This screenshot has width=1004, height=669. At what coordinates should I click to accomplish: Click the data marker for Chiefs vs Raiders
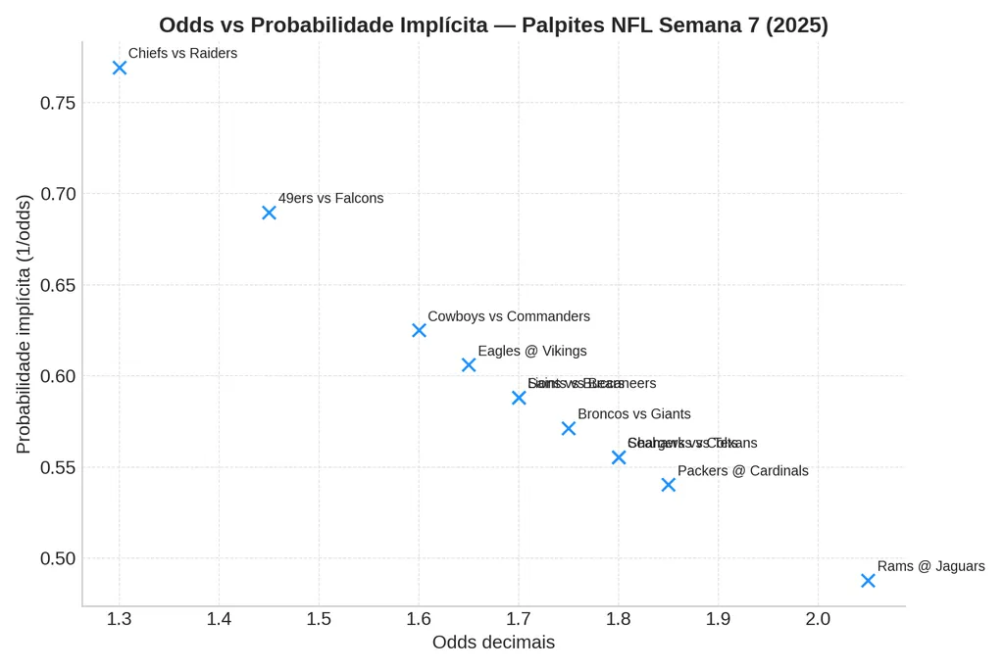pyautogui.click(x=120, y=68)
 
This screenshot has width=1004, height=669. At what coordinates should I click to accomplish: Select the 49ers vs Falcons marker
pyautogui.click(x=269, y=213)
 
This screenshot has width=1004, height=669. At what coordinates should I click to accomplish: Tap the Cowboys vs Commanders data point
pyautogui.click(x=419, y=330)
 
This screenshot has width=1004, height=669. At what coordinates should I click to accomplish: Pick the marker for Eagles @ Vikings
pyautogui.click(x=469, y=364)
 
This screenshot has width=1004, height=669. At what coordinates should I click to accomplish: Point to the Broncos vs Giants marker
pyautogui.click(x=569, y=428)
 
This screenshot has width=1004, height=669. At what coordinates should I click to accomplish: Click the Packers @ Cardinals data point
pyautogui.click(x=669, y=485)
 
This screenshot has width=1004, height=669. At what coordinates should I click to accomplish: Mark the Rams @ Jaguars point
pyautogui.click(x=868, y=580)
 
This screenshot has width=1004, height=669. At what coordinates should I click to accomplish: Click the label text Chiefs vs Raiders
pyautogui.click(x=182, y=54)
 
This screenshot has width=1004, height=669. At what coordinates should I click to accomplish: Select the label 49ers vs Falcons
pyautogui.click(x=330, y=198)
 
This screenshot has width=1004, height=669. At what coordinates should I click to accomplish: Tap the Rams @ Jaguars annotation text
pyautogui.click(x=930, y=566)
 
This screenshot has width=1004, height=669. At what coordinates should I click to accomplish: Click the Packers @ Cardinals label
pyautogui.click(x=742, y=471)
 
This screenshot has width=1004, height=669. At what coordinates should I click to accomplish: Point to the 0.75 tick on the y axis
pyautogui.click(x=58, y=104)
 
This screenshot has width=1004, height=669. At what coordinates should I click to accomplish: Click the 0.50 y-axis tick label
pyautogui.click(x=58, y=559)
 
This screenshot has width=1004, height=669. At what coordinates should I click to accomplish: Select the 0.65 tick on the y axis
pyautogui.click(x=58, y=286)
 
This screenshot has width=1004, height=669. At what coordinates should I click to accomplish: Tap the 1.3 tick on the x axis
pyautogui.click(x=120, y=619)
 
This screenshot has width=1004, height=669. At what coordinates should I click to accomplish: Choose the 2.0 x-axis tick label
pyautogui.click(x=818, y=619)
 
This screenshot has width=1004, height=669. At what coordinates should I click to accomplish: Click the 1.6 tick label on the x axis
pyautogui.click(x=419, y=619)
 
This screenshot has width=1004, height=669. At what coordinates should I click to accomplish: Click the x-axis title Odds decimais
pyautogui.click(x=493, y=643)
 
